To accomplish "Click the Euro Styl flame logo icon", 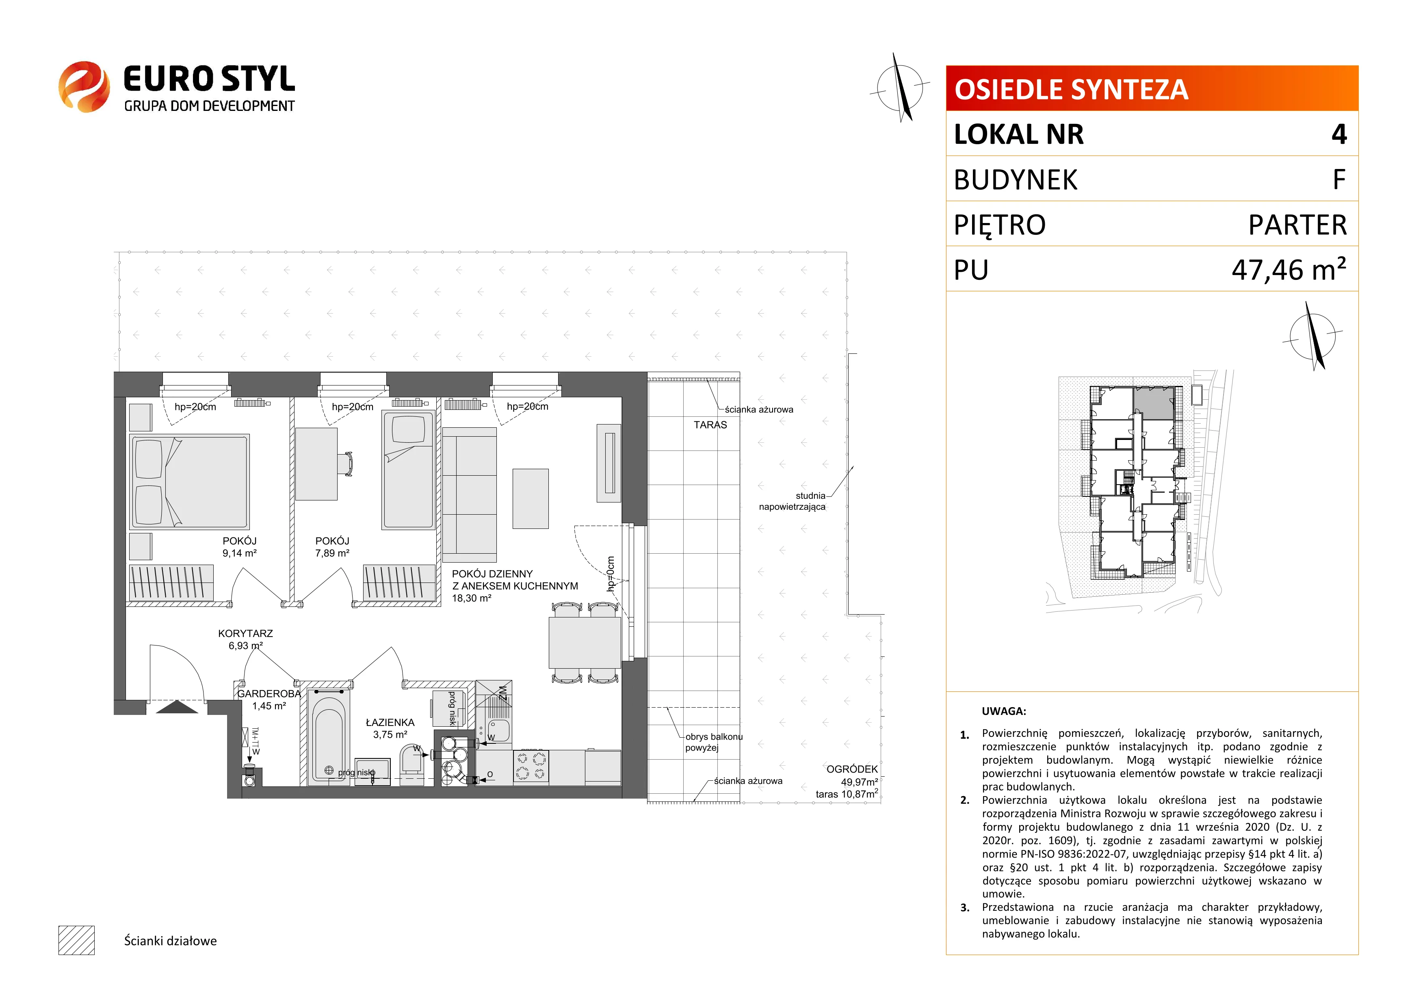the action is point(84,87).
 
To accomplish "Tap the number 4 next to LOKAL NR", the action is point(1339,134).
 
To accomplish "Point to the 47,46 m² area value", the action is point(1289,269).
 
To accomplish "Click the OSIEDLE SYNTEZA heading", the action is point(1071,89).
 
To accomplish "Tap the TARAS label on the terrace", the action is point(710,425).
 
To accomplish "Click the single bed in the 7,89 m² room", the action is point(408,470).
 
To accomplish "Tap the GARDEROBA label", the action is point(269,694).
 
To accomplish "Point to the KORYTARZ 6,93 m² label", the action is point(245,639).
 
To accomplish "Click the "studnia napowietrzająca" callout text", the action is point(792,501).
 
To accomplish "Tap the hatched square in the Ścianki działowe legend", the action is point(76,940).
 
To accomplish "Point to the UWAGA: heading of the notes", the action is point(1004,712).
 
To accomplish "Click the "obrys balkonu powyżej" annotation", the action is point(714,742).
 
